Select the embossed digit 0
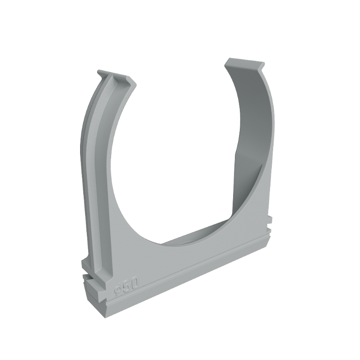(135, 283)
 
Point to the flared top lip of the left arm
(116, 77)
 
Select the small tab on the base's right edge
(269, 220)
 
